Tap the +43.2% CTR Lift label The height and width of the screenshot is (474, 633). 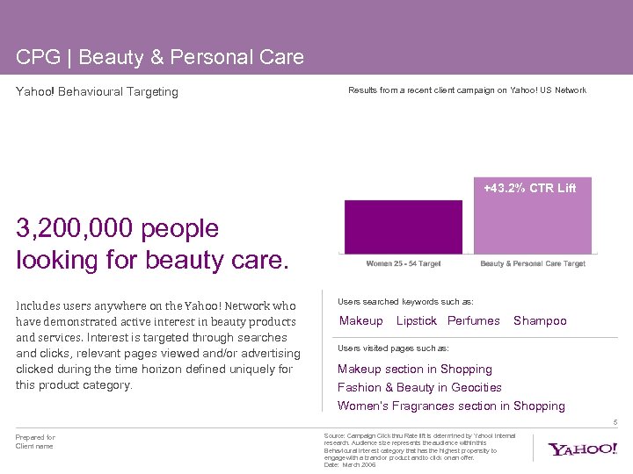point(530,188)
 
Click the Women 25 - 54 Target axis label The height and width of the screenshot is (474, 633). point(404,263)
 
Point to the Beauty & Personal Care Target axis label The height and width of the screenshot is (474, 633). point(533,263)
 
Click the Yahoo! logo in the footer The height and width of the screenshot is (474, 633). point(583,449)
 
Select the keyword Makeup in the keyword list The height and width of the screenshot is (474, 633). point(361,321)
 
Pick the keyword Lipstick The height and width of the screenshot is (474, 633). point(417,321)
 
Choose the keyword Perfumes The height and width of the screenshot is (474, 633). point(474,321)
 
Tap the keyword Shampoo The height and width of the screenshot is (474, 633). point(540,321)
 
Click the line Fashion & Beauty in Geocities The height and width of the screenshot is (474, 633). point(419,387)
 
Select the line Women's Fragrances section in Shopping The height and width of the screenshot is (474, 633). point(451,406)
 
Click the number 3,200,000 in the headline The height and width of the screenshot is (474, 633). point(73,229)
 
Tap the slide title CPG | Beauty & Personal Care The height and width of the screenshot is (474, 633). point(160,58)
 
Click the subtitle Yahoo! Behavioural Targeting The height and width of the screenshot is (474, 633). point(97,91)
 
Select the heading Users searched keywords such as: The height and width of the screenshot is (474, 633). point(405,302)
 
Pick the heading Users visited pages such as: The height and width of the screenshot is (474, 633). point(393,348)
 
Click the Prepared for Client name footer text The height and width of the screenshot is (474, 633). point(35,442)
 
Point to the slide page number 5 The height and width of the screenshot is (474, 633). point(615,422)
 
